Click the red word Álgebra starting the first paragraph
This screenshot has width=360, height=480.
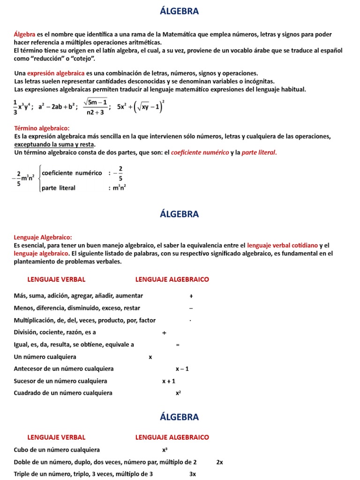(25, 34)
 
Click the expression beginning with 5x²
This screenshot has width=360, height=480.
(140, 106)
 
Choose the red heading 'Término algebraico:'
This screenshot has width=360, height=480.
(42, 128)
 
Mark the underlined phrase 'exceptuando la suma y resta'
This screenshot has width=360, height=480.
(54, 144)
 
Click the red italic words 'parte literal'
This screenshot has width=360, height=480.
(259, 152)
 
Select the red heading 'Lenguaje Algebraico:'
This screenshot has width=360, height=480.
(43, 237)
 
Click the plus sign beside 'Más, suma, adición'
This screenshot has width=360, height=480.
(191, 296)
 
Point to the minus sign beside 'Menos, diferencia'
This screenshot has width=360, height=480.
(191, 308)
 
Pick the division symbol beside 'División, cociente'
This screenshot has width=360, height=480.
(164, 333)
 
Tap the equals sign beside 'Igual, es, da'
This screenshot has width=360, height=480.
(178, 345)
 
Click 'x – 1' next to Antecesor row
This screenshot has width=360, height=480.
(182, 369)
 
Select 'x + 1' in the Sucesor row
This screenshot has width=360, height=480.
(169, 381)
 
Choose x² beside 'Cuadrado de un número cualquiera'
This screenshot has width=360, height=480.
(178, 393)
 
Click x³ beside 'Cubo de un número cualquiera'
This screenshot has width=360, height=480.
(165, 450)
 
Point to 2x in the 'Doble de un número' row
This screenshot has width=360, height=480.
(219, 462)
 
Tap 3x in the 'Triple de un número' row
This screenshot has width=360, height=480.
(192, 474)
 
